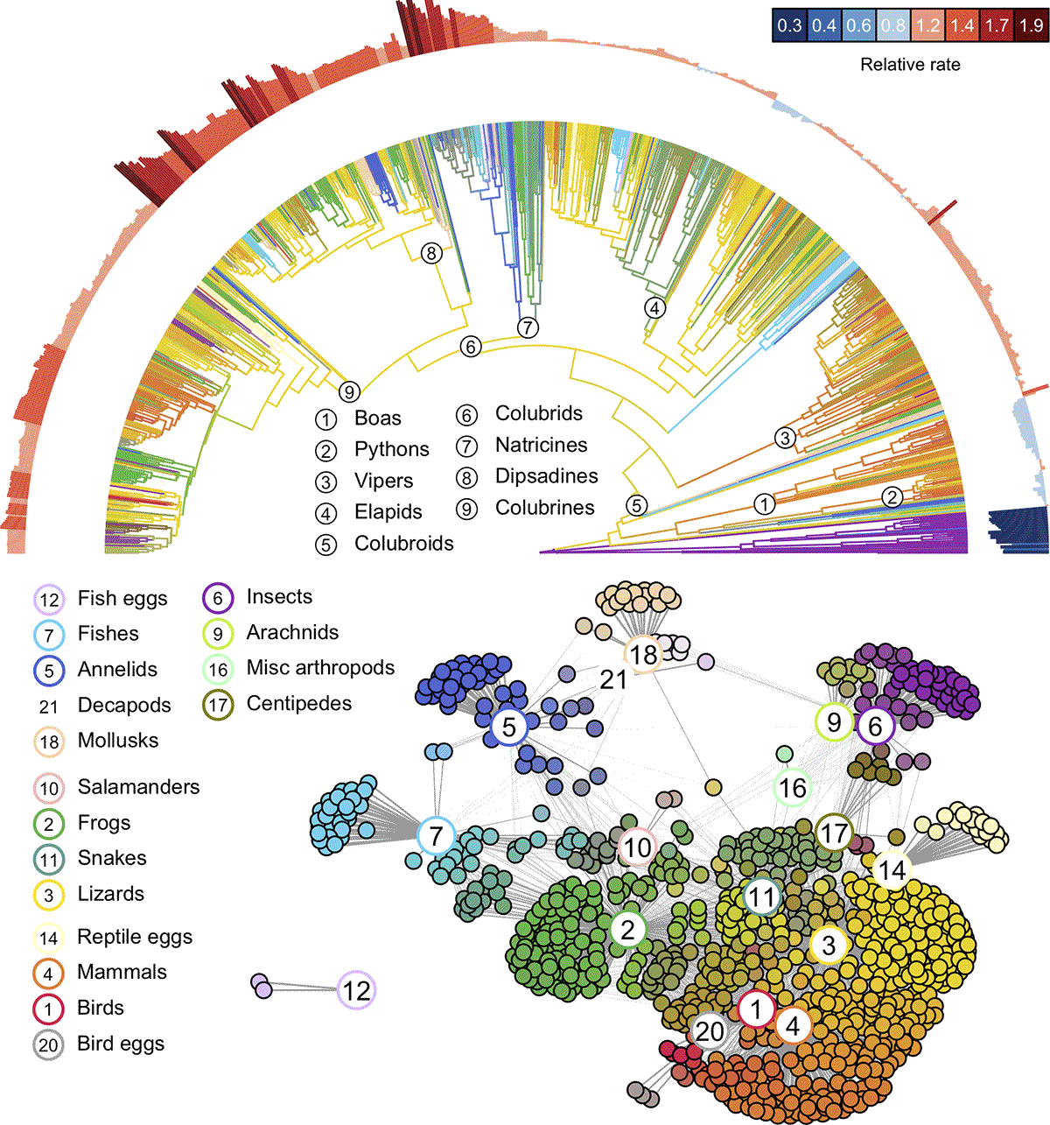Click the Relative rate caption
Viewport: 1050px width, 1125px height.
pyautogui.click(x=910, y=65)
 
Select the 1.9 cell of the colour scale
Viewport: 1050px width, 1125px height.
pyautogui.click(x=1031, y=25)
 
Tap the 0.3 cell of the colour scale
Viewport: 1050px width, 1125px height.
pyautogui.click(x=789, y=25)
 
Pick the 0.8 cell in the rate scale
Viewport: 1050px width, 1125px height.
pyautogui.click(x=892, y=25)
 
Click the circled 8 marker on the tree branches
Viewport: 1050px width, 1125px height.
pyautogui.click(x=430, y=254)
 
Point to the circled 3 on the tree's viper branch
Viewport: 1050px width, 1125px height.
pyautogui.click(x=785, y=438)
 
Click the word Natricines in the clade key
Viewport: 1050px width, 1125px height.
pyautogui.click(x=541, y=445)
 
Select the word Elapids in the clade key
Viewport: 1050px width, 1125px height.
pyautogui.click(x=388, y=512)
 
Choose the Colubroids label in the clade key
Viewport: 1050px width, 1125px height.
pyautogui.click(x=403, y=544)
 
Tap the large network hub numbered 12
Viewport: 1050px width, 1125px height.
pyautogui.click(x=356, y=990)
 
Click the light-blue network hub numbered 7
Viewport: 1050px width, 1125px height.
pyautogui.click(x=436, y=836)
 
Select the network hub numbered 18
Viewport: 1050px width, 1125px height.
pyautogui.click(x=643, y=654)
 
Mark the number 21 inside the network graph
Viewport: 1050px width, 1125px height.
pyautogui.click(x=613, y=679)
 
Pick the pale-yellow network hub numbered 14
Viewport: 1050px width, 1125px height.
pyautogui.click(x=892, y=870)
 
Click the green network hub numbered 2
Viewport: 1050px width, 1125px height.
pyautogui.click(x=627, y=929)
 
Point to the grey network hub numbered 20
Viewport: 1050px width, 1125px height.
pyautogui.click(x=709, y=1031)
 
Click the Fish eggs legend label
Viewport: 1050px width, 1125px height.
pyautogui.click(x=122, y=599)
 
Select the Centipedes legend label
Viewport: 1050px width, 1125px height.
pyautogui.click(x=298, y=704)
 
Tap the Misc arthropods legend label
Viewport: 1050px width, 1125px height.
pyautogui.click(x=320, y=668)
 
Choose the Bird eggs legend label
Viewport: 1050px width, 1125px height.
pyautogui.click(x=120, y=1044)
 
